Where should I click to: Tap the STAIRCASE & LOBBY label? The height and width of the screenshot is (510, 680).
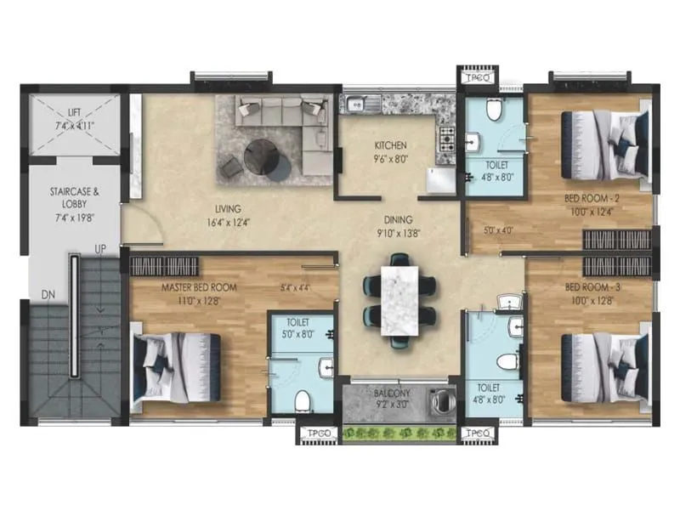(76, 192)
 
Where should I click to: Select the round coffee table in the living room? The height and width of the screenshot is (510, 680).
(261, 156)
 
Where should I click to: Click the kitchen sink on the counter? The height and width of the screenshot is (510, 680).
(356, 105)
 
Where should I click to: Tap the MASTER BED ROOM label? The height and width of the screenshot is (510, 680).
(199, 287)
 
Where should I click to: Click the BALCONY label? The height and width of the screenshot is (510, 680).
(391, 394)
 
